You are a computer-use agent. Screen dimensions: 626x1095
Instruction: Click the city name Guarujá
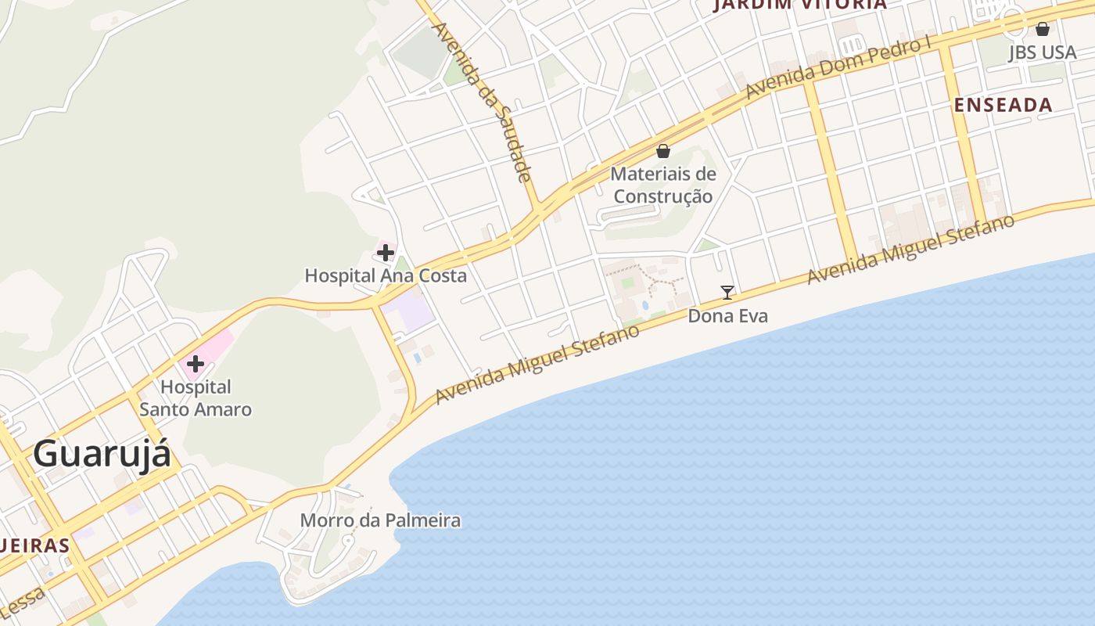click(x=102, y=454)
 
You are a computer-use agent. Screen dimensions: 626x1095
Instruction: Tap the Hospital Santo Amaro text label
click(x=196, y=398)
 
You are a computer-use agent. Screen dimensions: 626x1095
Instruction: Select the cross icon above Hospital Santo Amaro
click(x=196, y=363)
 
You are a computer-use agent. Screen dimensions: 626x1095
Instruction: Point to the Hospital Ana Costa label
click(x=386, y=275)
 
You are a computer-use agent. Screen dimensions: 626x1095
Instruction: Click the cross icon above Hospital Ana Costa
click(x=386, y=252)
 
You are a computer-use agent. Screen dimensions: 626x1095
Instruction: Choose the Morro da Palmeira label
click(x=381, y=520)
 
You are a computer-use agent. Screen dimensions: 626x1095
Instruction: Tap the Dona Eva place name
click(x=727, y=316)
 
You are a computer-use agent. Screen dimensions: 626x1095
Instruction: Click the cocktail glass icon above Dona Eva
click(x=727, y=293)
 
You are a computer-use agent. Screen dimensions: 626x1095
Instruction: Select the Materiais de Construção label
click(x=663, y=185)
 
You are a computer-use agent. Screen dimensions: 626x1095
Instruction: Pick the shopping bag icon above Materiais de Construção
click(x=663, y=151)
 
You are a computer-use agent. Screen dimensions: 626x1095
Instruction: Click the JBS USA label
click(x=1043, y=52)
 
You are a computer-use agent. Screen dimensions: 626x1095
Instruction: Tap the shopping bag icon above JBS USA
click(x=1043, y=30)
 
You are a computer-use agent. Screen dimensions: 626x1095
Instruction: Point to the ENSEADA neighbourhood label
click(x=1003, y=105)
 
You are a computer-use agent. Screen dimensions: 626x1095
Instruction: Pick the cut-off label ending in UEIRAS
click(x=35, y=545)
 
